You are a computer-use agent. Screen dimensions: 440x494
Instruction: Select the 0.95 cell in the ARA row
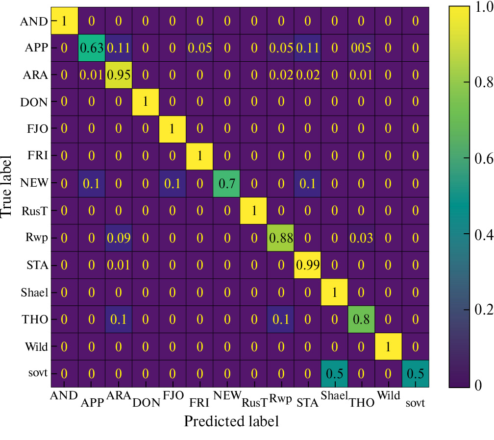tap(118, 75)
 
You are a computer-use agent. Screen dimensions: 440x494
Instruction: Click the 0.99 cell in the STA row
tap(306, 266)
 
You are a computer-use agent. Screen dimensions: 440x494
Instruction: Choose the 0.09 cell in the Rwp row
tap(118, 238)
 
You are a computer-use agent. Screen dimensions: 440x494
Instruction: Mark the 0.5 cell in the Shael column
tap(333, 374)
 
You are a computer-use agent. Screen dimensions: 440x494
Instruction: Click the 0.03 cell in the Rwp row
tap(360, 238)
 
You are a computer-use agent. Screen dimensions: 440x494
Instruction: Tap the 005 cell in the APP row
tap(360, 48)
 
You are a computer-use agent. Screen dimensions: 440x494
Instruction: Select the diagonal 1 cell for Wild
tap(387, 347)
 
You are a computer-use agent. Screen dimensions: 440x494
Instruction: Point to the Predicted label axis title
tap(231, 421)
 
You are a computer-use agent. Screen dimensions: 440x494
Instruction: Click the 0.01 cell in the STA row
tap(118, 266)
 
